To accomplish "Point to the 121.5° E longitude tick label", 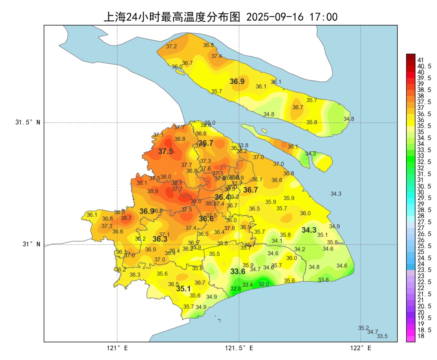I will (239, 348).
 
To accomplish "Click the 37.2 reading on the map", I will (172, 47).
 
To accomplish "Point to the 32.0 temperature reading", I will (263, 284).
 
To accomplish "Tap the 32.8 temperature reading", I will (235, 289).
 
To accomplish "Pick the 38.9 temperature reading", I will (153, 191).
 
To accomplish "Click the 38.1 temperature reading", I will (142, 183).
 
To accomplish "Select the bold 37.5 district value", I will (165, 151).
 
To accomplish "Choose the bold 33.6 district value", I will (238, 271).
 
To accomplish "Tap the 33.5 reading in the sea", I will (382, 336).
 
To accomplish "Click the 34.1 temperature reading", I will (277, 241).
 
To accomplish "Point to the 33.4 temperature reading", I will (248, 285).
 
